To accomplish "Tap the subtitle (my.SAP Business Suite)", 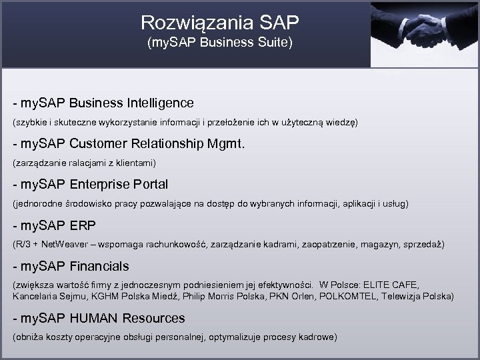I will [220, 45].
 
